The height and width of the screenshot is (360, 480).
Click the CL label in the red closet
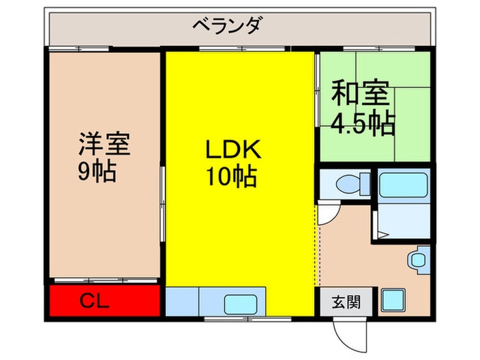click(95, 300)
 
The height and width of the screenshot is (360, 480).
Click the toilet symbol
click(348, 184)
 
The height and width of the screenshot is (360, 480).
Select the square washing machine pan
click(395, 300)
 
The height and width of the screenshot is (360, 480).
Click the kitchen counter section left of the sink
click(182, 301)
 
